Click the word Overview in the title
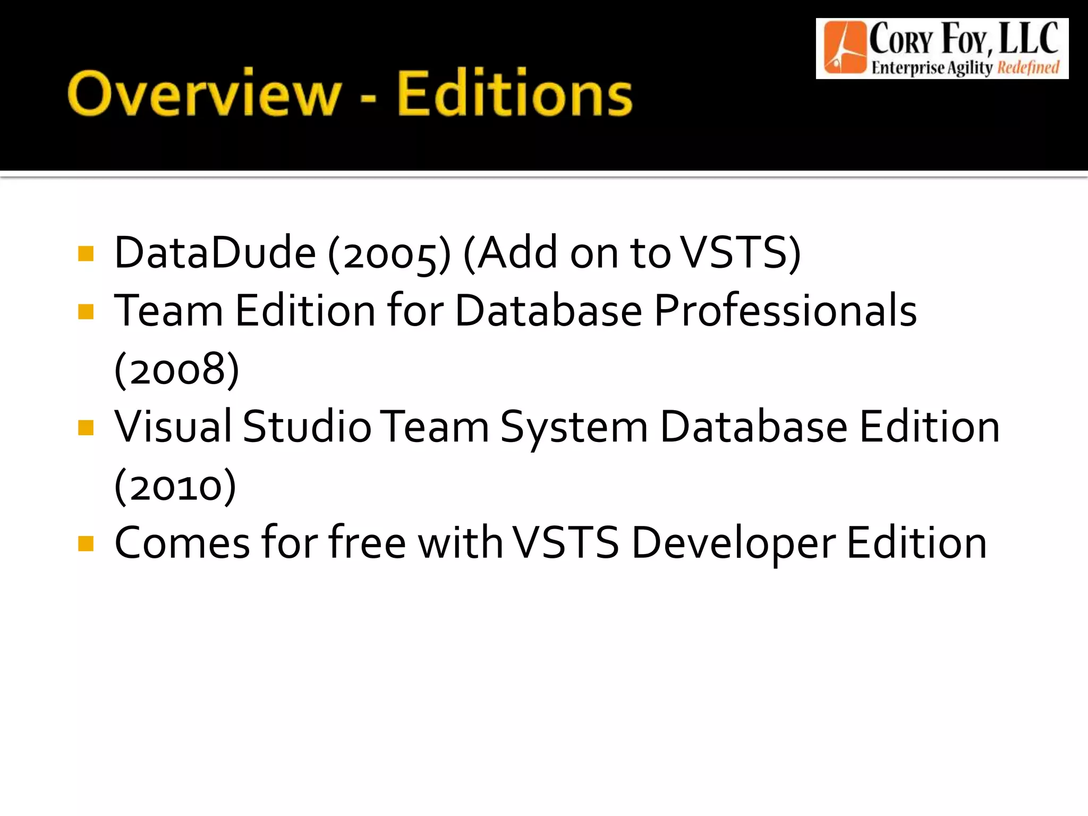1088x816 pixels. pos(205,93)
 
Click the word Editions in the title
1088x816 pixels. pos(514,93)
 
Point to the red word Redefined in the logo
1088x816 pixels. pos(1028,68)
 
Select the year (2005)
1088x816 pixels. pos(389,253)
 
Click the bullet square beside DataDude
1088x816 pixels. pos(86,253)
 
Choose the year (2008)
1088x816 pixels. pos(177,369)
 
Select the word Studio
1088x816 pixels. pos(307,427)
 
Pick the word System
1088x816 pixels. pos(574,428)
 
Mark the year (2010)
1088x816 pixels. pos(175,486)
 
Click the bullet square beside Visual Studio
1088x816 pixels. pos(86,428)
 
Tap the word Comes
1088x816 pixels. pos(182,543)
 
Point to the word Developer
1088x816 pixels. pos(734,544)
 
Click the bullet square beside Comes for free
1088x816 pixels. pos(86,543)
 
